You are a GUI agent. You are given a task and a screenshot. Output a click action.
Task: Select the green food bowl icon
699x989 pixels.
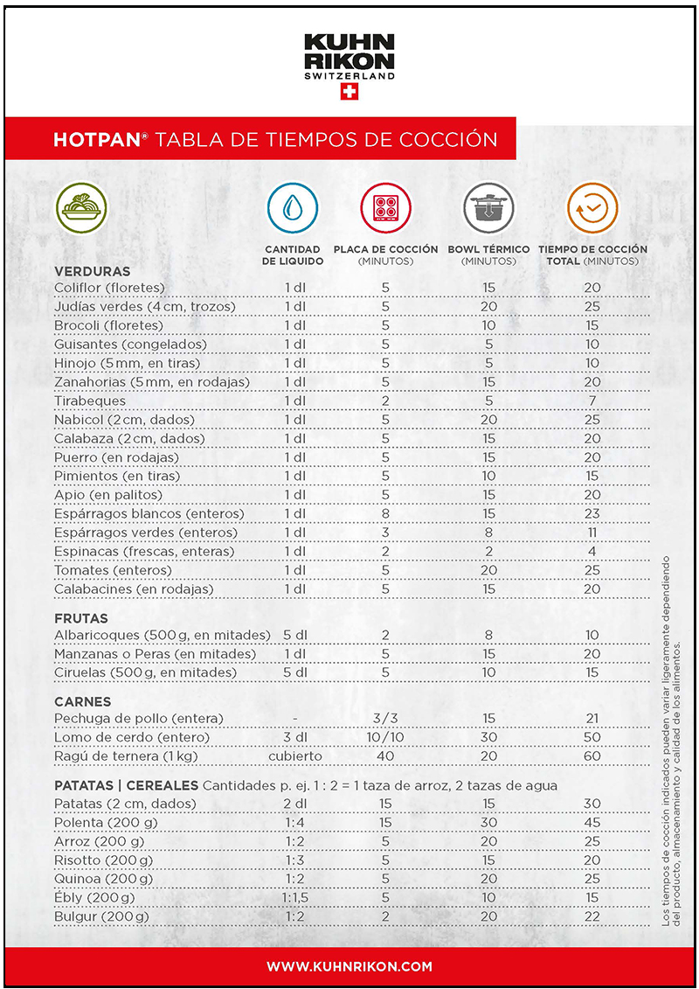[x=82, y=208]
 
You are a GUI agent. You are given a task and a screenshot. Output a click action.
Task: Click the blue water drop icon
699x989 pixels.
[x=293, y=208]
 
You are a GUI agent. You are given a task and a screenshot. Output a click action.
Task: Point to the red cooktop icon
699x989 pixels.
[x=385, y=208]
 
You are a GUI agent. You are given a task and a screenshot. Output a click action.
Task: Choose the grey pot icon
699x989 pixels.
[x=488, y=208]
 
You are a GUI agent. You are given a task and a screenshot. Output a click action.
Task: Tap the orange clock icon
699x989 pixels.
[x=592, y=208]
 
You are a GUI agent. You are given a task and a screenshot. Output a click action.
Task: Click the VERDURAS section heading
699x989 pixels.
[x=92, y=272]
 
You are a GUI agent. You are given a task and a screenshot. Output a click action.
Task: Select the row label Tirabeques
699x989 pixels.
[x=90, y=400]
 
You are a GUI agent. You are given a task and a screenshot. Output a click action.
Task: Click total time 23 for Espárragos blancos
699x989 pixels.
[x=592, y=514]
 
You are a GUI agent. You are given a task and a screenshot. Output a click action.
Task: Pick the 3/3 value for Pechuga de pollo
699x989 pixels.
[x=385, y=719]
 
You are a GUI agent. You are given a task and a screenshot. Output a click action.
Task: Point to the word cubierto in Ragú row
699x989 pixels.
[x=294, y=756]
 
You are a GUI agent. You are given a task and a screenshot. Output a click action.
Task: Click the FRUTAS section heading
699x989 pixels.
[x=80, y=618]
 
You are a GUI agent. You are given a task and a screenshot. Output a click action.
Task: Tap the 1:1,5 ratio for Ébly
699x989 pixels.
[x=294, y=898]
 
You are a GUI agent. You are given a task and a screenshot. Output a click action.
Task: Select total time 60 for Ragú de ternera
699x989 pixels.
[x=592, y=756]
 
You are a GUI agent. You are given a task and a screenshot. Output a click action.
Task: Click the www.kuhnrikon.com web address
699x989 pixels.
[x=349, y=966]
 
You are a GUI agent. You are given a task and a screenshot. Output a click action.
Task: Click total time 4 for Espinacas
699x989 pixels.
[x=592, y=552]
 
